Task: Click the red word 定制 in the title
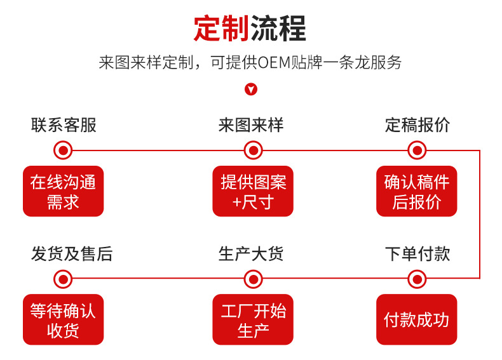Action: pos(221,29)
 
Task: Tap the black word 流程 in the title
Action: pos(278,29)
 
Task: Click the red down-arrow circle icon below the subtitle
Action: pos(251,90)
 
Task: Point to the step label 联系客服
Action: pos(64,125)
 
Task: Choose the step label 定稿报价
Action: pos(417,125)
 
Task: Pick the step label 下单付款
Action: pos(417,254)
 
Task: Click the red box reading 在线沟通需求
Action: pos(63,191)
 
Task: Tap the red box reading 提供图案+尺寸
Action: pos(253,191)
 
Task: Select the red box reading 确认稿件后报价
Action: pos(417,191)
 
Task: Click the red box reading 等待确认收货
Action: pos(63,319)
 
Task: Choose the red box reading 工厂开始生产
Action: pos(253,319)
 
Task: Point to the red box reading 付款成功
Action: pos(417,319)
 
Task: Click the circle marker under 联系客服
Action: pos(63,150)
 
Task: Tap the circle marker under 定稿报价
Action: pos(417,150)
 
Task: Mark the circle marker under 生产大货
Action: pos(253,278)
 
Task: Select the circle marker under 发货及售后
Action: pos(63,278)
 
